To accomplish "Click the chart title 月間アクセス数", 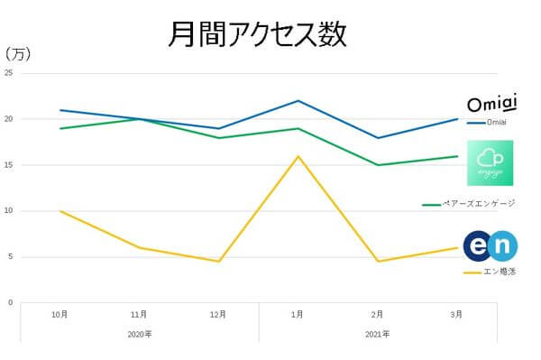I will pos(257,33).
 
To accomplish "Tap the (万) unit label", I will pos(18,54).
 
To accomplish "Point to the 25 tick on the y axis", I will pos(8,73).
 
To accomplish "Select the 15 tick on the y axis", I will pos(8,165).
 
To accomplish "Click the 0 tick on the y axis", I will pos(10,302).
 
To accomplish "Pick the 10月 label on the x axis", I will pos(60,315).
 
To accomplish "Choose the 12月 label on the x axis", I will pos(218,315).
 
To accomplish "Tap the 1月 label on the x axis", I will pos(298,315).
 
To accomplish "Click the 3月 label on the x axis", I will pos(457,315).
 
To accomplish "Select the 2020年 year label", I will pos(140,334).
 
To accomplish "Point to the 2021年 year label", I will pos(378,334).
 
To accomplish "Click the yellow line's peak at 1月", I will pos(298,156).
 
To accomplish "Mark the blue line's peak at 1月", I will pos(298,100).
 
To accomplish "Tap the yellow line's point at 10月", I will pos(60,211).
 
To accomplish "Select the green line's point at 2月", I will pos(378,165).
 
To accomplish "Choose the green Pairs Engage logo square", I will pos(490,163).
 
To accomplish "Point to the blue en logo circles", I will pos(491,245).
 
